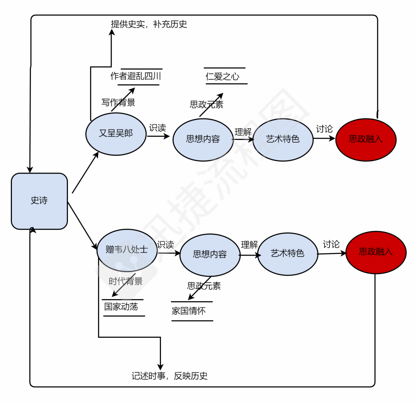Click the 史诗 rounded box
(39, 201)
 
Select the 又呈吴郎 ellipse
(116, 134)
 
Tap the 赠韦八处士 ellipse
(127, 250)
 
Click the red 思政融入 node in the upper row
(366, 139)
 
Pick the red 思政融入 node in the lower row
(376, 252)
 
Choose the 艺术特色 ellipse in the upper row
(283, 139)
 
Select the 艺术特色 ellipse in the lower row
(288, 253)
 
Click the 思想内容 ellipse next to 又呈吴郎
(203, 140)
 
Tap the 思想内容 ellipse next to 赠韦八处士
(210, 254)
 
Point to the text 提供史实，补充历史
(149, 24)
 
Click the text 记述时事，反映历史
(170, 376)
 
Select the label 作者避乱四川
(136, 76)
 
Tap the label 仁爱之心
(222, 76)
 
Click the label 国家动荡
(121, 307)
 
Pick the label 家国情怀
(189, 311)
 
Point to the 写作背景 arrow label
(118, 102)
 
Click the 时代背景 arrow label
(125, 281)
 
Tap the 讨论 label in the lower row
(331, 244)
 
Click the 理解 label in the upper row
(243, 132)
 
